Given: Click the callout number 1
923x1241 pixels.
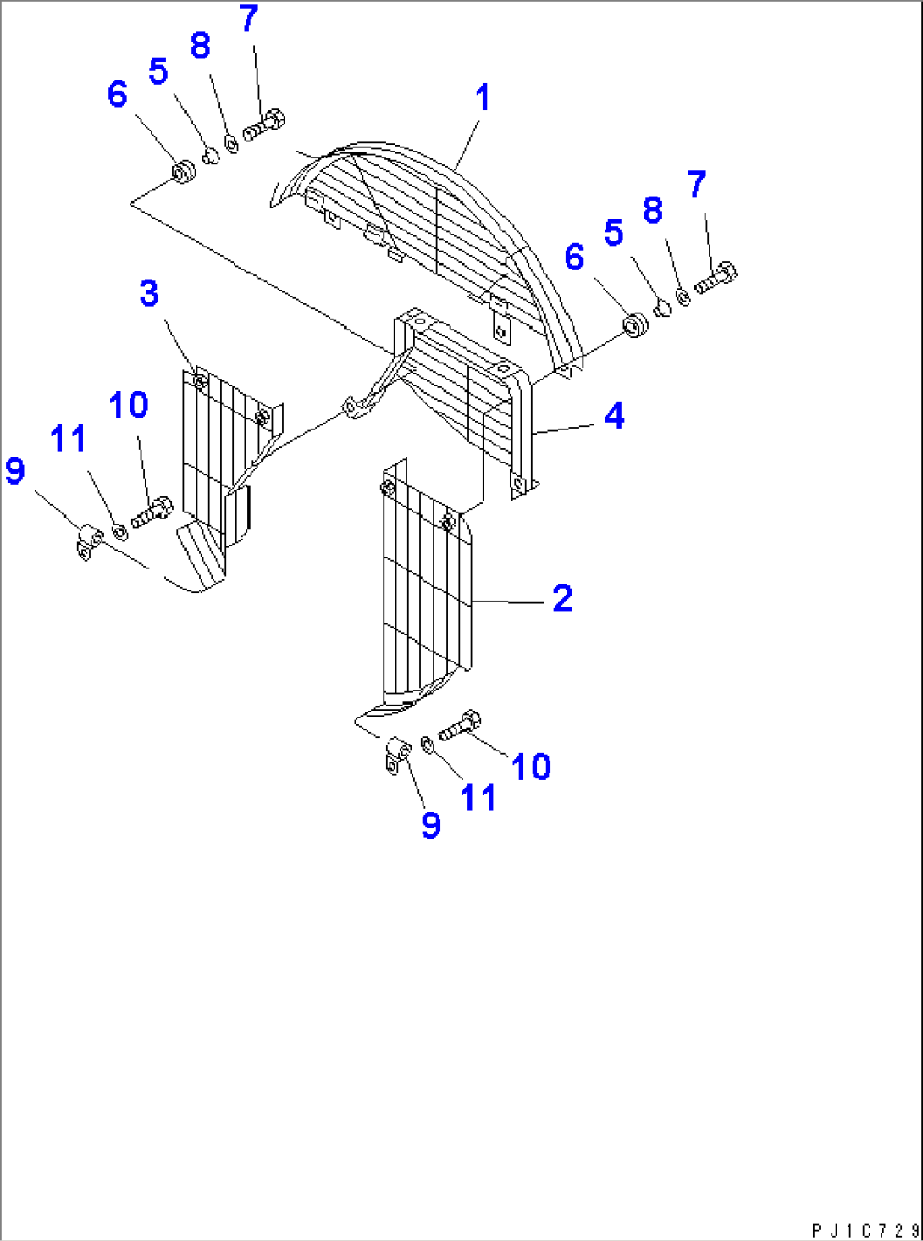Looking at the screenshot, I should point(482,97).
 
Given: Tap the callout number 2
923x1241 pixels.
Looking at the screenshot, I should point(562,598).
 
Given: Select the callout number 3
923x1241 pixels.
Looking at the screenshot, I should point(149,293).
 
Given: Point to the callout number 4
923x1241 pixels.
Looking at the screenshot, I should point(614,416).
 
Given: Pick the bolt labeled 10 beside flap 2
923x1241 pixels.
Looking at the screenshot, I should point(460,726).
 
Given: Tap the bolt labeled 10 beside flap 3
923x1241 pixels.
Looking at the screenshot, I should point(152,512).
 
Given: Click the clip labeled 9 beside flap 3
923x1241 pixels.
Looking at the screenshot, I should point(89,542).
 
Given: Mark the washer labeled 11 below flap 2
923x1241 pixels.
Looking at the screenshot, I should point(428,745).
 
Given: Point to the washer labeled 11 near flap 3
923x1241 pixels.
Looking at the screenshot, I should point(119,532).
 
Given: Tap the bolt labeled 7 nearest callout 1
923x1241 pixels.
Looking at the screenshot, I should point(264,125).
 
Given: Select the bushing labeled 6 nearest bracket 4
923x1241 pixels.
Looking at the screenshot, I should point(634,324).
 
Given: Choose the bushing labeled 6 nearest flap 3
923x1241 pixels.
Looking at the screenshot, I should point(183,173).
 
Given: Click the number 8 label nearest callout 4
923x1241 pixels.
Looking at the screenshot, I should point(652,210).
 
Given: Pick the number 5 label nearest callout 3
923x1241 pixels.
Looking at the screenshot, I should point(158,72).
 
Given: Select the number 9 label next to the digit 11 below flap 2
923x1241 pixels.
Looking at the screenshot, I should point(430,824).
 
